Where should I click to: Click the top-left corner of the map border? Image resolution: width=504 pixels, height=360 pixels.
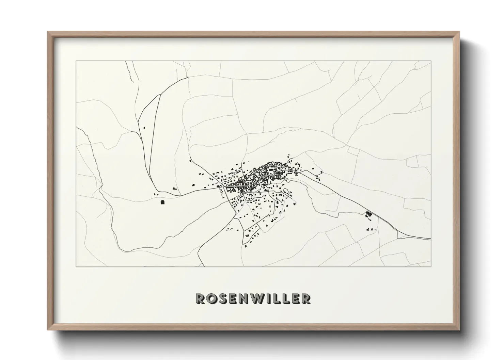tap(76, 61)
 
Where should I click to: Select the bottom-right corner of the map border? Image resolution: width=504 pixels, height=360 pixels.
tap(431, 266)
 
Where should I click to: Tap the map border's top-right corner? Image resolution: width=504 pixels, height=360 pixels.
tap(431, 61)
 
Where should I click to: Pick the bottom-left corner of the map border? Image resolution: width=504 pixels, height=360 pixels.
tap(76, 266)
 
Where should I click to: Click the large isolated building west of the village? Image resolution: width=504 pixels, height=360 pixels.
tap(162, 202)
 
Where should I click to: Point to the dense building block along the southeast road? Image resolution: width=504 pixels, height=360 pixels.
tap(368, 214)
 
